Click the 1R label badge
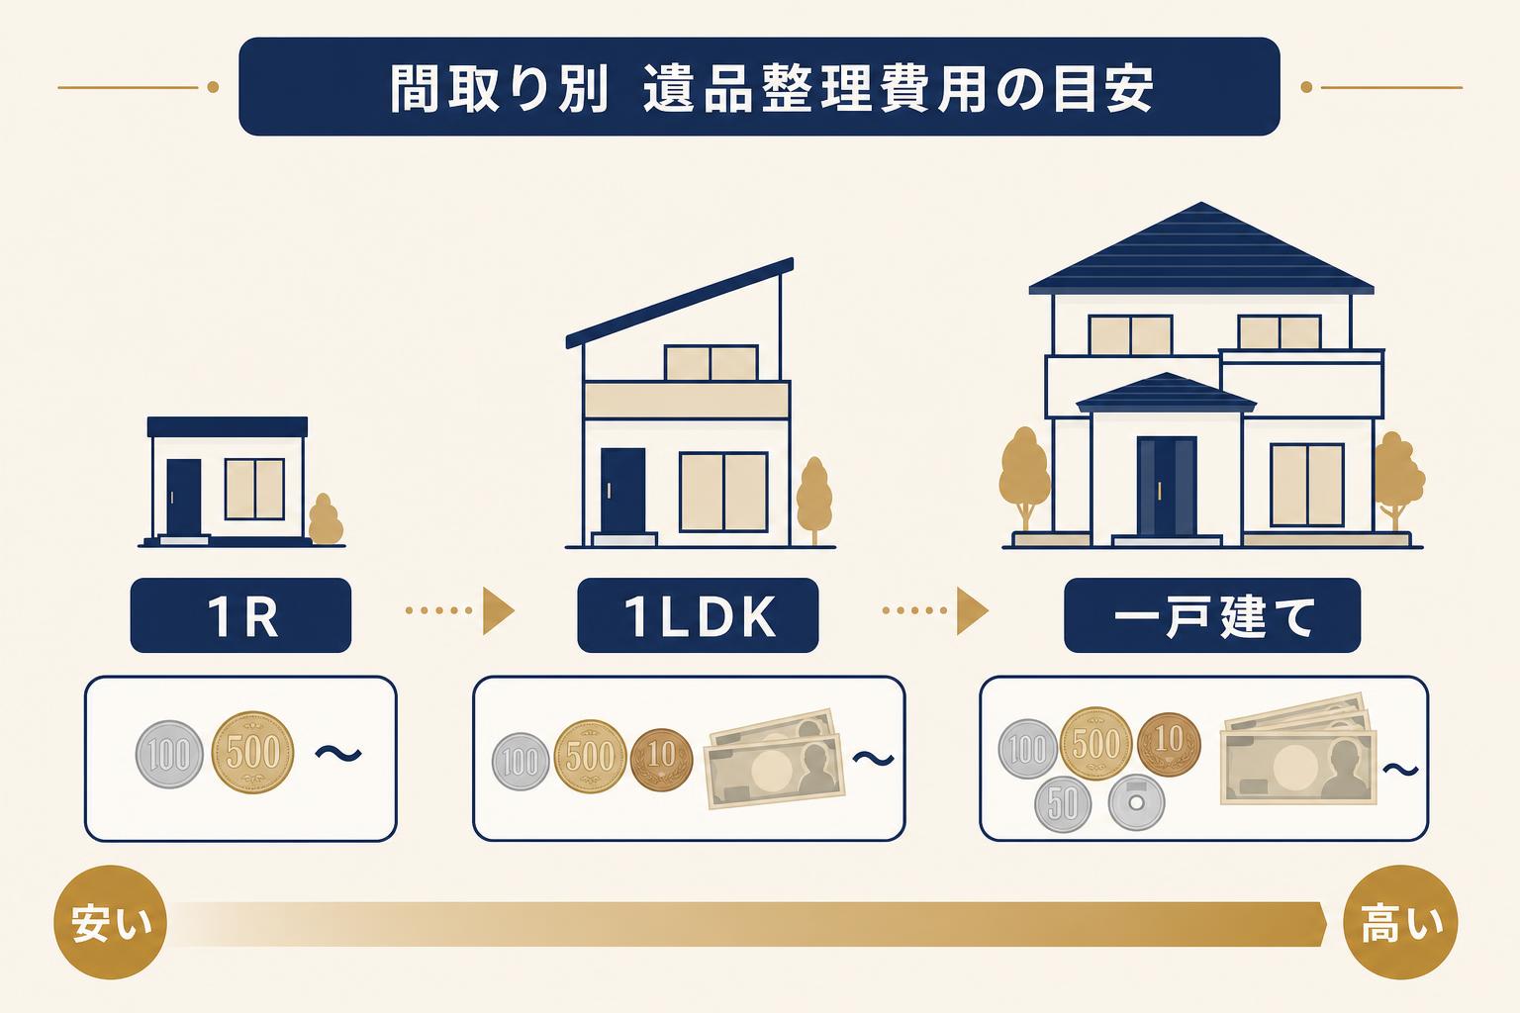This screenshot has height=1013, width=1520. [240, 615]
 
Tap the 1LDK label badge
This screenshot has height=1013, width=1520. [698, 615]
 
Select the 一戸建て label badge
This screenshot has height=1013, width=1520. [1212, 615]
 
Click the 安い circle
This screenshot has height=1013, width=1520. [111, 922]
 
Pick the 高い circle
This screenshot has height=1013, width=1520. [1400, 922]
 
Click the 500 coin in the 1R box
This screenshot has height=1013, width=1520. [252, 753]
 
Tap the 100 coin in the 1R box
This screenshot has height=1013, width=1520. [169, 755]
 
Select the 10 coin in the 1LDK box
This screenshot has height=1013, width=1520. [662, 760]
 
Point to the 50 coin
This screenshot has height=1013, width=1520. [1063, 804]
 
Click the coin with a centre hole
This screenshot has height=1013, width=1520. [1136, 802]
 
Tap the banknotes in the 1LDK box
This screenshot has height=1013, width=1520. [774, 759]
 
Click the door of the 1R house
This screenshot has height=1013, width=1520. [184, 498]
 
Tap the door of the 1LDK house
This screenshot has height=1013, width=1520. [622, 491]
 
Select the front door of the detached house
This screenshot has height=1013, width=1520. [1167, 487]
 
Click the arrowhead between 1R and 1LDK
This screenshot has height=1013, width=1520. [498, 610]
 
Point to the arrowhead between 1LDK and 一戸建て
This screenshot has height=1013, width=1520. [972, 610]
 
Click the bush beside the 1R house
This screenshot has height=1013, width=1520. [325, 519]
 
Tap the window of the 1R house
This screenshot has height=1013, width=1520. [254, 490]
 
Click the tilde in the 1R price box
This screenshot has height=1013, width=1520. [338, 754]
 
